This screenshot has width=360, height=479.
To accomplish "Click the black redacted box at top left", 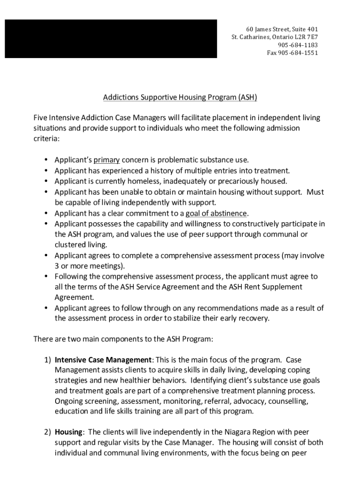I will (111, 39).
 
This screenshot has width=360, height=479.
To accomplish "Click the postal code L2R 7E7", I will (305, 37).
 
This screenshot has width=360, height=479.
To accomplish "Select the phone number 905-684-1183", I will (298, 45).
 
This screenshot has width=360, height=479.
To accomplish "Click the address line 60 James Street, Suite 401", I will (282, 29).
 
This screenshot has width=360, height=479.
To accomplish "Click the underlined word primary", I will (107, 160).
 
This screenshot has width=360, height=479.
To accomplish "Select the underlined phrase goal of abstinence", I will (216, 213).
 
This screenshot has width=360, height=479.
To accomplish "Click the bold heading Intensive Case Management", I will (103, 360).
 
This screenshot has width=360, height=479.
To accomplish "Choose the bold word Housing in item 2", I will (69, 432).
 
